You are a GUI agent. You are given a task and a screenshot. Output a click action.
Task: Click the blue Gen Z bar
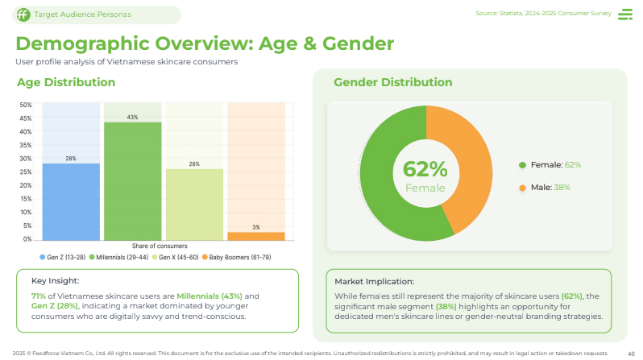point(71,201)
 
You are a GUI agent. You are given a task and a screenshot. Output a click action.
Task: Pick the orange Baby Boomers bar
point(256,235)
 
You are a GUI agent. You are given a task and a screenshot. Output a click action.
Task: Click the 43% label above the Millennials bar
point(133,117)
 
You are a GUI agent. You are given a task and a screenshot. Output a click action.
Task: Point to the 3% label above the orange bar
point(256,227)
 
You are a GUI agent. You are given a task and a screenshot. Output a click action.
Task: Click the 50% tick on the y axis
point(26,105)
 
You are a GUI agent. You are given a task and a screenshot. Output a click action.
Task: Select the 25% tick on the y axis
point(26,172)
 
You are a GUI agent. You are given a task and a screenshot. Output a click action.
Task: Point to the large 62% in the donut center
point(425,169)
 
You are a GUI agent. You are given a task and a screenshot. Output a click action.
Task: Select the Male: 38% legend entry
point(550,188)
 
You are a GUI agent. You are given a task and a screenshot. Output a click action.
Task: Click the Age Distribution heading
point(66,82)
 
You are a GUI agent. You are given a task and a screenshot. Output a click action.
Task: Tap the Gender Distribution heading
point(392,82)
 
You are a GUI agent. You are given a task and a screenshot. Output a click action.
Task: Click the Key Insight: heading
point(56,281)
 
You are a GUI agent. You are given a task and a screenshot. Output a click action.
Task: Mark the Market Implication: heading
point(374,282)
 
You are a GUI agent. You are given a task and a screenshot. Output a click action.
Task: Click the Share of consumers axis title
point(160,245)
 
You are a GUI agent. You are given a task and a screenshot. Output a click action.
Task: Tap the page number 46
point(631,353)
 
